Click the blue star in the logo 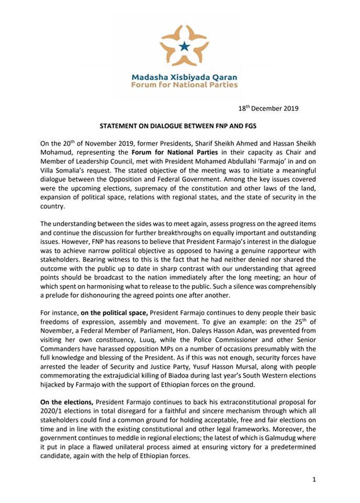click(x=184, y=47)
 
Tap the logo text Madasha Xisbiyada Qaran click(x=184, y=76)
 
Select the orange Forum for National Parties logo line click(x=184, y=84)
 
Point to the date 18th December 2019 click(x=268, y=109)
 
